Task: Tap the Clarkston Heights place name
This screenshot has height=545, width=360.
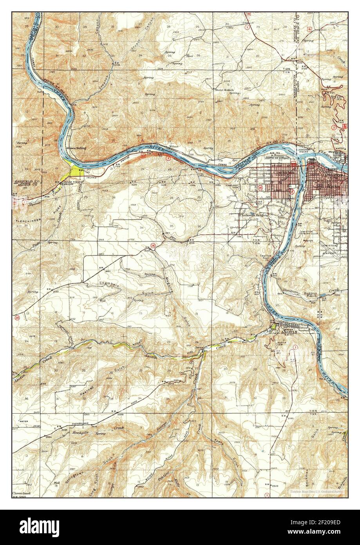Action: click(x=257, y=215)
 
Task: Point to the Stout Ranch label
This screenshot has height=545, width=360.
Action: click(x=224, y=89)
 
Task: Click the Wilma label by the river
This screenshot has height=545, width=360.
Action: click(x=174, y=147)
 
